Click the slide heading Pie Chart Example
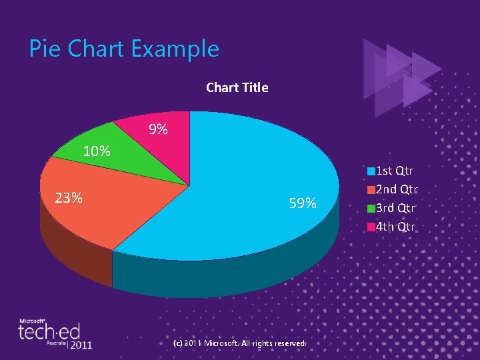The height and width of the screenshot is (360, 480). (x=124, y=49)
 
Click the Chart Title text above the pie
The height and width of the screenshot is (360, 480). (x=237, y=87)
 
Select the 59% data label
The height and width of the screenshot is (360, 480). (x=303, y=203)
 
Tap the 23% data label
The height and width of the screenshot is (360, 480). (x=69, y=198)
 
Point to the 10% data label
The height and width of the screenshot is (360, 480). (x=96, y=151)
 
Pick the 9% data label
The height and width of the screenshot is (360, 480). (x=158, y=130)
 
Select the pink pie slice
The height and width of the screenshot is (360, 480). (x=167, y=143)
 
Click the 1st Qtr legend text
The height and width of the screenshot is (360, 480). (x=395, y=171)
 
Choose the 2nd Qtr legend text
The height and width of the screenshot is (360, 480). (x=397, y=189)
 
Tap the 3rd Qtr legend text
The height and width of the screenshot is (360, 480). (x=397, y=208)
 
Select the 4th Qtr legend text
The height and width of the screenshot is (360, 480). (x=396, y=227)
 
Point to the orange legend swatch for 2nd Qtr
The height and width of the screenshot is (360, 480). (x=371, y=190)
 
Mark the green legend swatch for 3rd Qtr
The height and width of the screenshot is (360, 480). (x=371, y=209)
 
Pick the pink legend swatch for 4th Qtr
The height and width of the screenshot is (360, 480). (x=371, y=227)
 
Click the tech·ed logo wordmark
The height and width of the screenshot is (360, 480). (x=49, y=332)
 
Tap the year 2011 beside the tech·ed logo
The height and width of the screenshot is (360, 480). (x=81, y=345)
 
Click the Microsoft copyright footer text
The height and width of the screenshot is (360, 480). (x=239, y=343)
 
